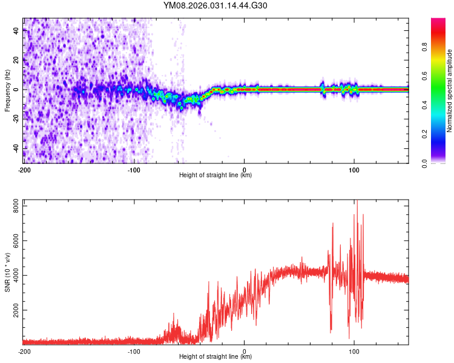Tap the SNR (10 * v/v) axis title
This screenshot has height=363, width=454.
[x=7, y=272]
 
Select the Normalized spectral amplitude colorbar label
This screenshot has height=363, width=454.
[x=450, y=91]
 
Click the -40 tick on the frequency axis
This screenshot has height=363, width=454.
[x=15, y=148]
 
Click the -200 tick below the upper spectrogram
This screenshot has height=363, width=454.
[x=24, y=169]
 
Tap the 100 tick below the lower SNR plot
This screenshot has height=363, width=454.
[x=355, y=351]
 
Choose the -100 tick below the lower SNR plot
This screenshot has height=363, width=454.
[x=134, y=351]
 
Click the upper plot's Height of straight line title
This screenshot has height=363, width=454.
[x=215, y=175]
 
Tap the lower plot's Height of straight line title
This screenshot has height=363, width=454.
[x=215, y=357]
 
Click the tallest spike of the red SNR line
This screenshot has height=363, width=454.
[x=357, y=202]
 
